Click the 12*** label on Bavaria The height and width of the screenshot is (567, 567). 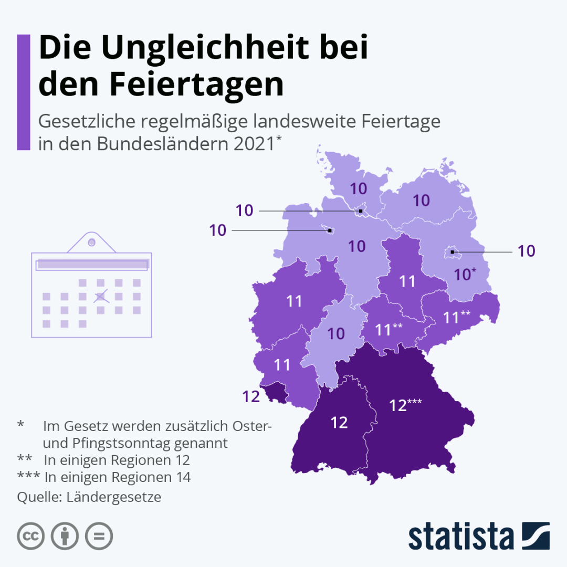pyautogui.click(x=406, y=405)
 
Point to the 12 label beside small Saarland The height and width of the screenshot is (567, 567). pyautogui.click(x=251, y=396)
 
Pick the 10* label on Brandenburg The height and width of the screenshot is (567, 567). pyautogui.click(x=465, y=274)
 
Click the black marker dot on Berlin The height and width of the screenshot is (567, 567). pyautogui.click(x=452, y=253)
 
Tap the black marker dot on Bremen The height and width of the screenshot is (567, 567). pyautogui.click(x=329, y=230)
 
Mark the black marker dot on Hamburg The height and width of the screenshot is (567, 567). pyautogui.click(x=361, y=211)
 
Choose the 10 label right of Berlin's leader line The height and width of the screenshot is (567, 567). pyautogui.click(x=526, y=251)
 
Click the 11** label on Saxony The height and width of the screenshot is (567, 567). pyautogui.click(x=457, y=318)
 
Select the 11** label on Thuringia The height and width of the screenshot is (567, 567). pyautogui.click(x=389, y=330)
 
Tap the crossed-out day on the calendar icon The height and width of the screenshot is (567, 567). pyautogui.click(x=100, y=297)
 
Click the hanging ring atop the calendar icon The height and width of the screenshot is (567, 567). pyautogui.click(x=91, y=242)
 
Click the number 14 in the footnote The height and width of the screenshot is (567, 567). pyautogui.click(x=182, y=477)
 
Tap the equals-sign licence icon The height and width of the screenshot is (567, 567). pyautogui.click(x=99, y=536)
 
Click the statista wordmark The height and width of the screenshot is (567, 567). pyautogui.click(x=461, y=537)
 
